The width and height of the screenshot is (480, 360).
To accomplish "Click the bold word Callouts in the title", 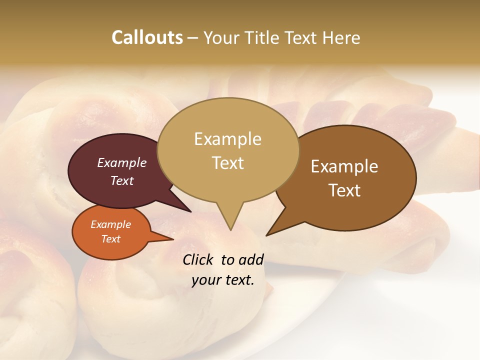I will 147,37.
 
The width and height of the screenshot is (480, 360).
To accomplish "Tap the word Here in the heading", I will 341,37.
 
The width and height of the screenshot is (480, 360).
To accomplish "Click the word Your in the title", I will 222,37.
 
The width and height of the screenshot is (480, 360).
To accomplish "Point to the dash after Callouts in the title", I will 192,38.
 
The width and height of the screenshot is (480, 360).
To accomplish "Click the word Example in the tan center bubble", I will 227,139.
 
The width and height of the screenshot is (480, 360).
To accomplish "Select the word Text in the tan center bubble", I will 228,163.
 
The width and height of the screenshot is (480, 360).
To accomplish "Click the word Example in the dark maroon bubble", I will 122,162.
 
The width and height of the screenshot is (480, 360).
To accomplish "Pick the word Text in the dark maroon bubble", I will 122,180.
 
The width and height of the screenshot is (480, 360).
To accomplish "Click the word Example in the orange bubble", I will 110,224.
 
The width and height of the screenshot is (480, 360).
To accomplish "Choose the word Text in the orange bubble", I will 110,239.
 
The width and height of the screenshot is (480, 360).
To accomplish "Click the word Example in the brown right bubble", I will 344,166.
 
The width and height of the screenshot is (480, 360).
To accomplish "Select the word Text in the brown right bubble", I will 344,190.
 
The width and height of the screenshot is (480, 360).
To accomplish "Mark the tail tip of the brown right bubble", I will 267,235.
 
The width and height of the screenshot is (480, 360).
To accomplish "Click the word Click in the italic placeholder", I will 199,259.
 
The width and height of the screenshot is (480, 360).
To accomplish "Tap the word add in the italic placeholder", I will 251,259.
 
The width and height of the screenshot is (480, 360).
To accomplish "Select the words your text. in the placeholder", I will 223,280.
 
